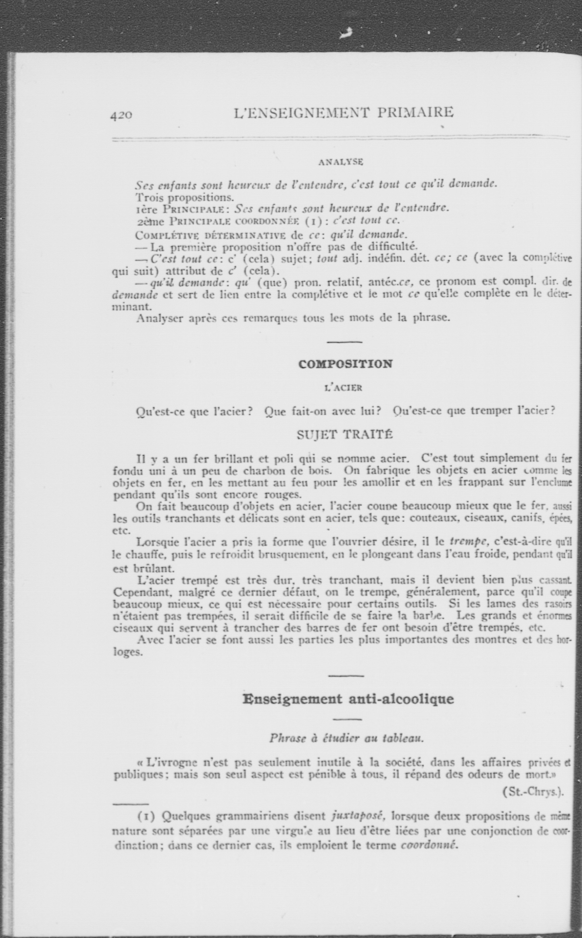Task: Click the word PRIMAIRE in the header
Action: pos(415,112)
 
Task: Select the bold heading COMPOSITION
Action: pos(345,364)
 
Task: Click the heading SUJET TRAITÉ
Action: pos(345,435)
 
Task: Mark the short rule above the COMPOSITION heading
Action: pos(345,342)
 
